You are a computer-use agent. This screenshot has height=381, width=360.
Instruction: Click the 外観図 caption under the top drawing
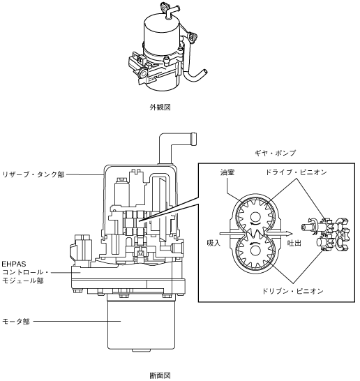[160, 107]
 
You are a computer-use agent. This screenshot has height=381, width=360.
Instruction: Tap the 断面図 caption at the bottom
[160, 375]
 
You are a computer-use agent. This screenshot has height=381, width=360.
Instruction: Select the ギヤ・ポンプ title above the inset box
[275, 153]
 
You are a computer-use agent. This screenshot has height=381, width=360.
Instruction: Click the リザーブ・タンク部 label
[33, 174]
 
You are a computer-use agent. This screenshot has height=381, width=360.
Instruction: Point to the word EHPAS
[14, 264]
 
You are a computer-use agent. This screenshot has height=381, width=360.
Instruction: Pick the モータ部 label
[16, 322]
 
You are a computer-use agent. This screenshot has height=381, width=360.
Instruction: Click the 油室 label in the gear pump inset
[227, 172]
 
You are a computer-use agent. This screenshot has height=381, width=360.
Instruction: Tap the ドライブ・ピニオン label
[296, 172]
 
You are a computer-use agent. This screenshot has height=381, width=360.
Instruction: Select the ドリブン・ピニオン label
[293, 291]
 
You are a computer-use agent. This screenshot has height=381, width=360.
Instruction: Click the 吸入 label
[213, 243]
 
